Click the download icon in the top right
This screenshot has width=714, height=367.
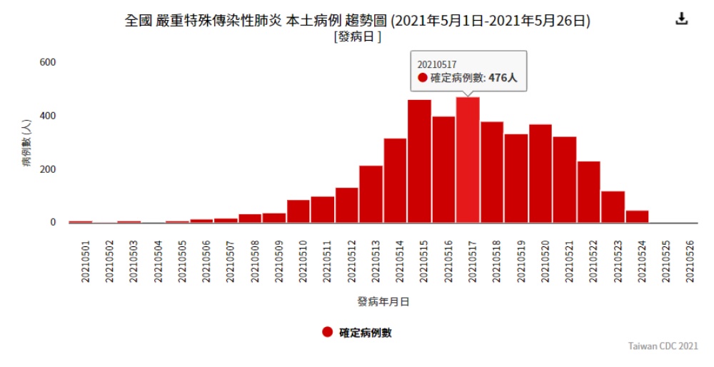(681, 19)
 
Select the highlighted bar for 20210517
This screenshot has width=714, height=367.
(468, 161)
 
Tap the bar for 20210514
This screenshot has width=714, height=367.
(395, 181)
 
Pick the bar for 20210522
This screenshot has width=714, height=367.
(588, 192)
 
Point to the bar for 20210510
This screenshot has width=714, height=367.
(298, 211)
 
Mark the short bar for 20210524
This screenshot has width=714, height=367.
(637, 216)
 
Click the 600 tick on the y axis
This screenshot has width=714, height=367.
(47, 62)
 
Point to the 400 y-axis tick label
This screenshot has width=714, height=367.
(47, 116)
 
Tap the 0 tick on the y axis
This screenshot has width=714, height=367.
(52, 222)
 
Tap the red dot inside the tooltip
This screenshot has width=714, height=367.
(423, 78)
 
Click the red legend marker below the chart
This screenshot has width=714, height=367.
(327, 332)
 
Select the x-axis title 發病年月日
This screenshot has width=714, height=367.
(383, 302)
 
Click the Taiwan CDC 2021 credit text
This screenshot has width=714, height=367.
(663, 346)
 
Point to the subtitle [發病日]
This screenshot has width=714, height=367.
(357, 36)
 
